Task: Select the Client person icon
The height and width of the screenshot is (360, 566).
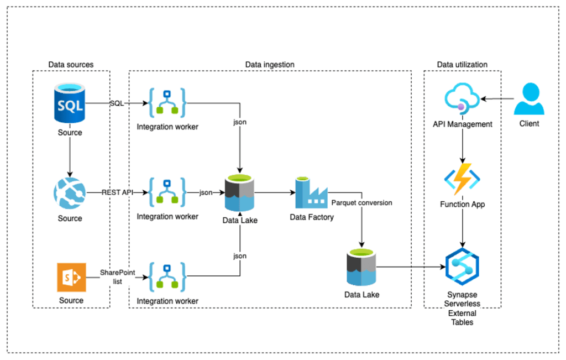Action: point(529,99)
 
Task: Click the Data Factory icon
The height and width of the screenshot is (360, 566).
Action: point(311,193)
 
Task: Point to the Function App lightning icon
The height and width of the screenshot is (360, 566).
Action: point(462,179)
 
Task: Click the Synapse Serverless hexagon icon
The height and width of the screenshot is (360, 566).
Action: point(462,265)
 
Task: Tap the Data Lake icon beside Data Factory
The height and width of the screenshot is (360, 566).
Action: point(239,194)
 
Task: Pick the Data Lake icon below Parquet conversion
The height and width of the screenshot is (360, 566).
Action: point(361,268)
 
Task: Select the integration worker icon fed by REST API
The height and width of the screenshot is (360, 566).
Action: point(167,193)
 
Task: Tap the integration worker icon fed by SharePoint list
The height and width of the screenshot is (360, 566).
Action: point(167,278)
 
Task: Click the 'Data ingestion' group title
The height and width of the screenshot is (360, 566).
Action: point(270,65)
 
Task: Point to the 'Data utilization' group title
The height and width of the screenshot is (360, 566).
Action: point(462,65)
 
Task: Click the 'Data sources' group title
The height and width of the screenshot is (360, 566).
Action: point(71,65)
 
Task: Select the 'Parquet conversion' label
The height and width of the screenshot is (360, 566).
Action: point(361,203)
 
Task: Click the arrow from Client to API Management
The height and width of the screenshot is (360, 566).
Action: point(497,100)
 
